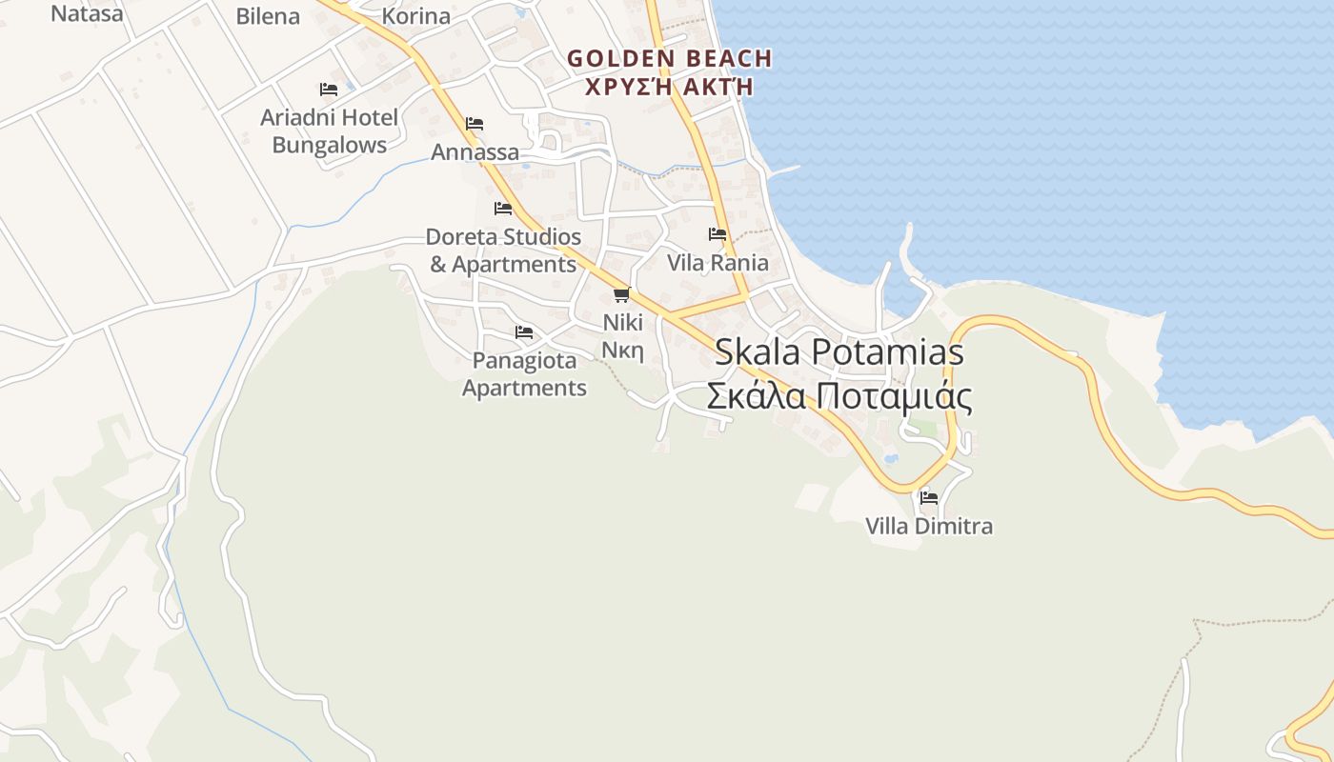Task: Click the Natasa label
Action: [87, 13]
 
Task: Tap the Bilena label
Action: [268, 16]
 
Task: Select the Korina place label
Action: [415, 16]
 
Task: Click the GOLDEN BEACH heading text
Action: [669, 58]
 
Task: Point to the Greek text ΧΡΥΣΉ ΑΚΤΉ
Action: [669, 87]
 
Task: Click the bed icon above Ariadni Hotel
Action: [329, 90]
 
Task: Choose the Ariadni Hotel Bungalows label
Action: [330, 131]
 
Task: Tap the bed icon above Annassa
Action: [475, 124]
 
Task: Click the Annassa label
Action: [475, 152]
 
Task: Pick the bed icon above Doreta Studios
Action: [503, 209]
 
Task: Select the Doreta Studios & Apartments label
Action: [503, 251]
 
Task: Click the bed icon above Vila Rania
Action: [718, 234]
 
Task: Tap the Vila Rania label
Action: [718, 263]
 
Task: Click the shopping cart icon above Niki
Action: [622, 294]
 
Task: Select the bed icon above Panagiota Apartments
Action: [524, 332]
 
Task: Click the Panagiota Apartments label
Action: [525, 374]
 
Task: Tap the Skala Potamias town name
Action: [839, 352]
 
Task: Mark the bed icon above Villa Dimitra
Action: [929, 497]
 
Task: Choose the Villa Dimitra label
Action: [929, 526]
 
